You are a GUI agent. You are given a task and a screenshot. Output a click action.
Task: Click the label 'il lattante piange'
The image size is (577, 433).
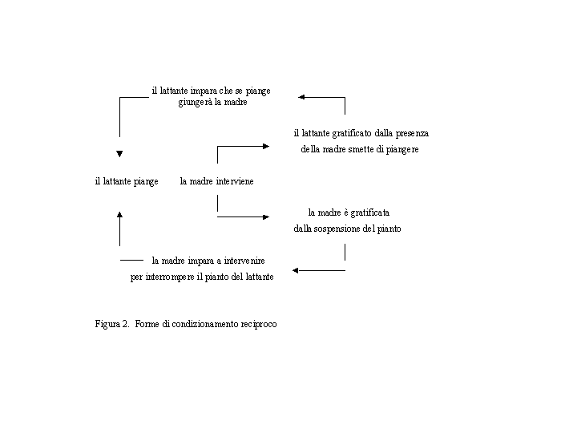[x=127, y=181]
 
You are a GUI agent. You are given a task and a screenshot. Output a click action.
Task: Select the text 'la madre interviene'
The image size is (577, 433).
[x=216, y=181]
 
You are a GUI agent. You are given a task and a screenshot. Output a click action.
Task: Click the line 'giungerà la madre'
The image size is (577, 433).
[x=212, y=103]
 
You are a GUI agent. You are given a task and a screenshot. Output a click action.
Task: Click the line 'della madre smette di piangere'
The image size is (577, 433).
[x=360, y=149]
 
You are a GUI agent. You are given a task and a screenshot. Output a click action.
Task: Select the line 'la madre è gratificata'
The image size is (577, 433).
[x=349, y=212]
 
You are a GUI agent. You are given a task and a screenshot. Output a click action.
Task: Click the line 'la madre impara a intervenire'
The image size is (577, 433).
[x=208, y=261]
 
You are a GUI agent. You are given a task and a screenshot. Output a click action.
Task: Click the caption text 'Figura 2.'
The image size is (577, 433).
[x=112, y=324]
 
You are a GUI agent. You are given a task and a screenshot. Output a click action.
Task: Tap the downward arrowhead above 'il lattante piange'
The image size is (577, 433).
[x=119, y=153]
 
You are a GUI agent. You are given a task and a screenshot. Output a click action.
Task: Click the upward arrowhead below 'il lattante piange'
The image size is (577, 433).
[x=119, y=214]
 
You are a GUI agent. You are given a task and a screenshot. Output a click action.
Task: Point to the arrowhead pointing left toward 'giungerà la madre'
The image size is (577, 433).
[x=301, y=97]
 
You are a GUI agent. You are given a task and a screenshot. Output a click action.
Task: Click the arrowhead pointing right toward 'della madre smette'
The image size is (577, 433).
[x=267, y=146]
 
